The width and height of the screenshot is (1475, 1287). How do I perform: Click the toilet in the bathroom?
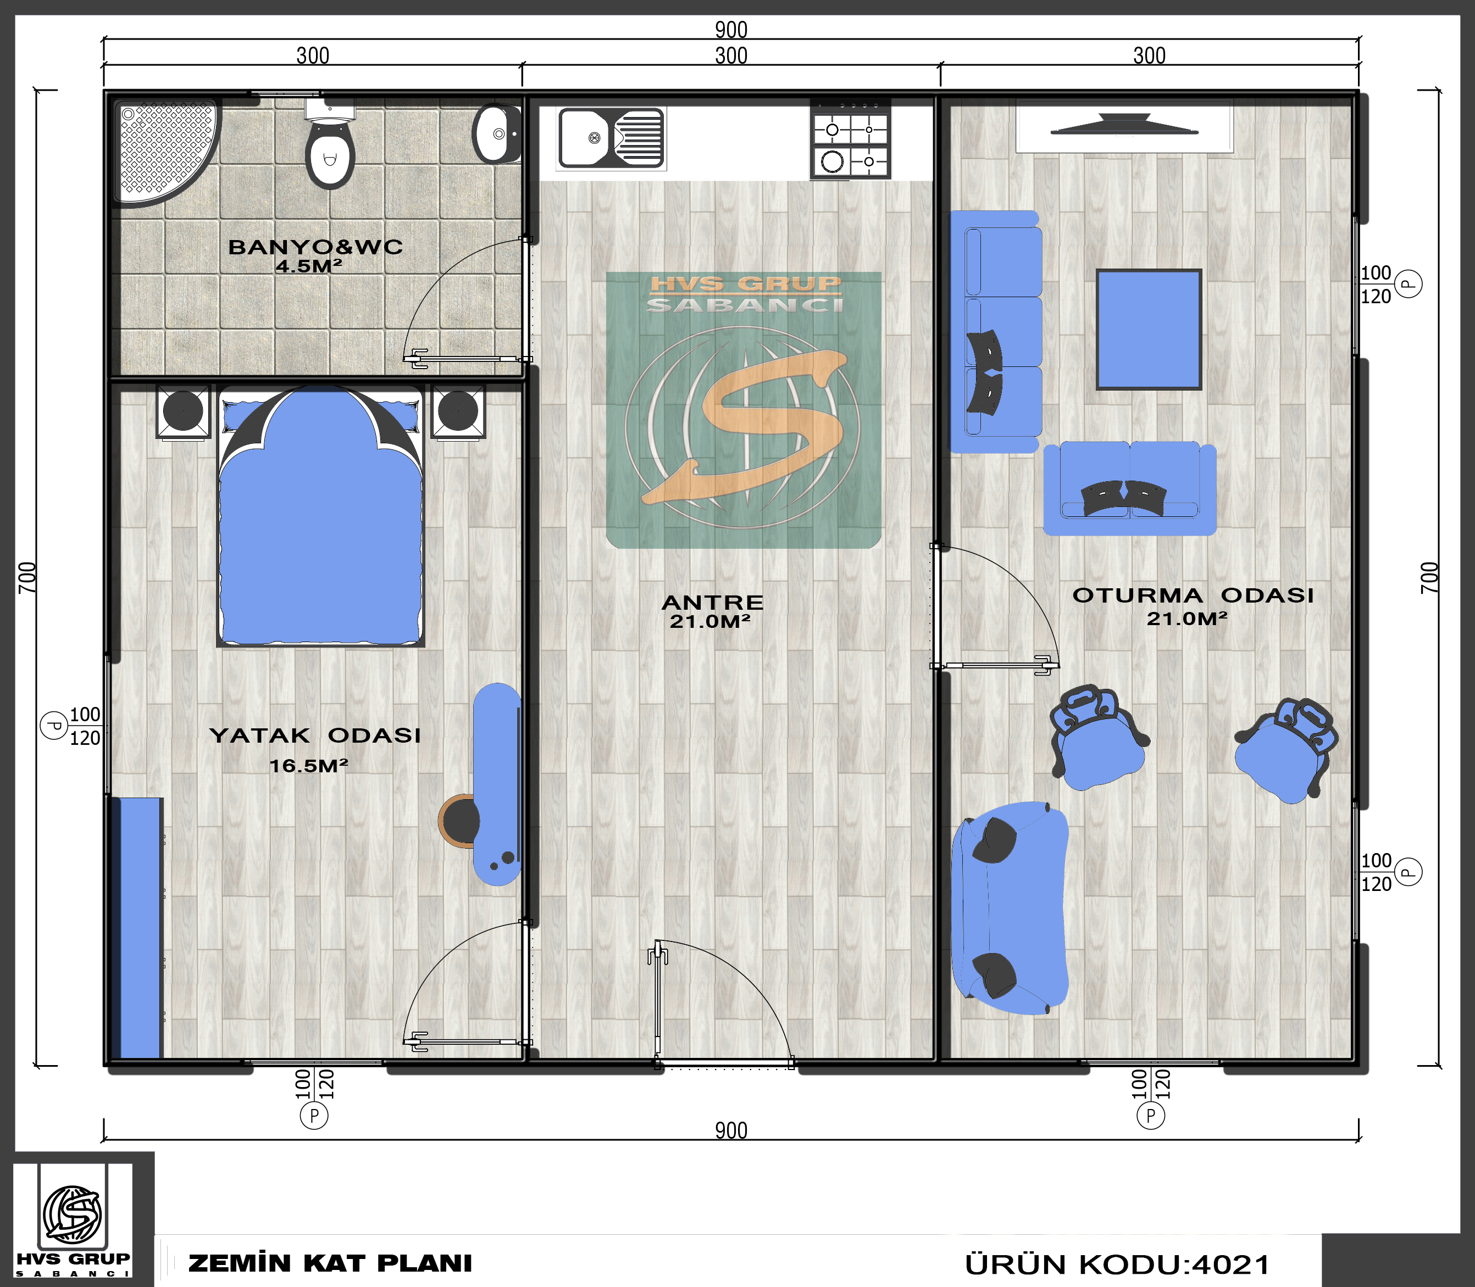pyautogui.click(x=330, y=143)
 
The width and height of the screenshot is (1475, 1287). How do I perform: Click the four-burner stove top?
pyautogui.click(x=851, y=140)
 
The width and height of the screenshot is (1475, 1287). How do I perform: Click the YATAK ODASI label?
pyautogui.click(x=315, y=736)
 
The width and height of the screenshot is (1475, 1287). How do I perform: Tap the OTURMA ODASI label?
pyautogui.click(x=1193, y=595)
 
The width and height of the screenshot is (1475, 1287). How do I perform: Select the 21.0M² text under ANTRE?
pyautogui.click(x=710, y=621)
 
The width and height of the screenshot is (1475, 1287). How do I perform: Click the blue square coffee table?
pyautogui.click(x=1148, y=330)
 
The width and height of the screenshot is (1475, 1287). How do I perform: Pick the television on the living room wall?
pyautogui.click(x=1124, y=125)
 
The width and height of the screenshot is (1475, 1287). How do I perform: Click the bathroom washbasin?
pyautogui.click(x=496, y=133)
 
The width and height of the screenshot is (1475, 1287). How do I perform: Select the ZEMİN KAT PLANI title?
pyautogui.click(x=330, y=1263)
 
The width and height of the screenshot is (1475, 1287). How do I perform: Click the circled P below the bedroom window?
pyautogui.click(x=314, y=1116)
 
